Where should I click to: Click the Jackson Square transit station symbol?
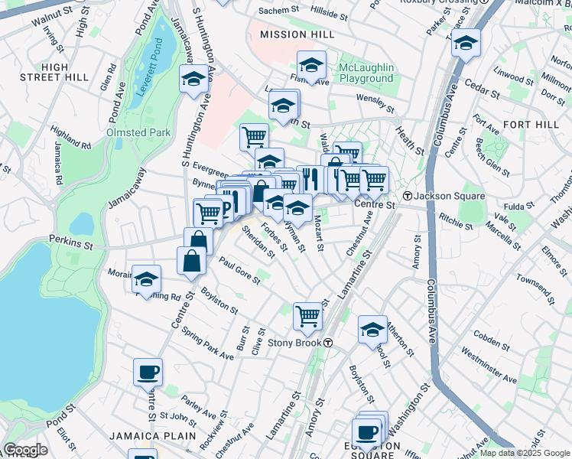(x=408, y=197)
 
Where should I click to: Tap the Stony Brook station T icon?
(x=328, y=342)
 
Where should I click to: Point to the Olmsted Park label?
(x=138, y=132)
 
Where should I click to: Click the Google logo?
(x=25, y=450)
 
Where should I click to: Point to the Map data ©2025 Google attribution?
(x=524, y=453)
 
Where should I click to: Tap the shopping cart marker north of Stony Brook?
(x=307, y=314)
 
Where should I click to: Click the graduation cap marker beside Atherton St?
(x=372, y=329)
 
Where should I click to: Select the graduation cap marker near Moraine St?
(x=146, y=279)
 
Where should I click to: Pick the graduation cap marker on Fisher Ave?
(x=311, y=64)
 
